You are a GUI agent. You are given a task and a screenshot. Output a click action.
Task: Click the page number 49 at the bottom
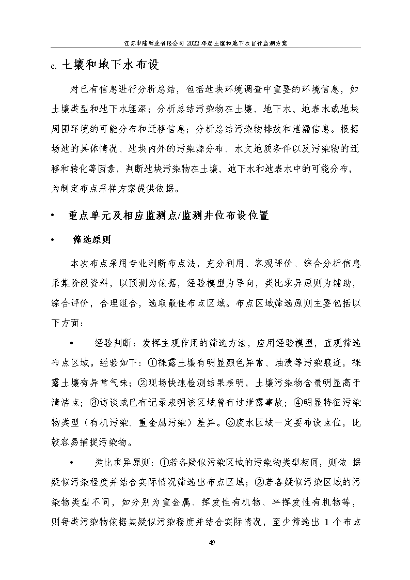pyautogui.click(x=212, y=542)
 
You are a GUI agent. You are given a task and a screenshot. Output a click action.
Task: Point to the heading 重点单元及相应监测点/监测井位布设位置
pyautogui.click(x=168, y=216)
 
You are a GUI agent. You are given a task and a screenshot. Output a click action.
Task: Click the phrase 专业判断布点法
pyautogui.click(x=165, y=263)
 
